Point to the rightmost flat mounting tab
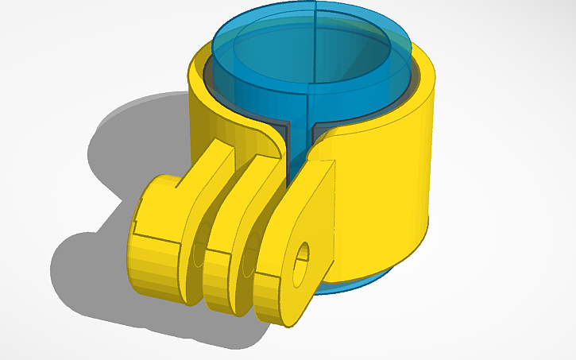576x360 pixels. pos(306,230)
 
